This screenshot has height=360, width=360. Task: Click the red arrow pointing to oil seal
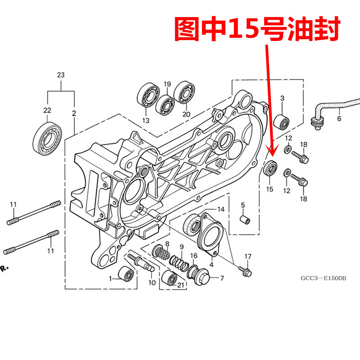click(x=269, y=99)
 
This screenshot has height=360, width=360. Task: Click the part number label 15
click(x=270, y=189)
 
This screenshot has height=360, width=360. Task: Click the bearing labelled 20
click(x=184, y=92)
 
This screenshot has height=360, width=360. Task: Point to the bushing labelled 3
click(x=282, y=121)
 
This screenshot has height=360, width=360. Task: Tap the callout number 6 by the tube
click(x=339, y=119)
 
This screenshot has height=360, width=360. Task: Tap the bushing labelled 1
click(x=125, y=274)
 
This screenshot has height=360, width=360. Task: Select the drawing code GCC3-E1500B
click(x=324, y=278)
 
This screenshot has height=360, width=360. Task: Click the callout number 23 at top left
click(x=61, y=75)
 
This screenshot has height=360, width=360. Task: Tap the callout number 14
click(x=220, y=210)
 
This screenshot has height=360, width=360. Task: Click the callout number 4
click(x=211, y=259)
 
